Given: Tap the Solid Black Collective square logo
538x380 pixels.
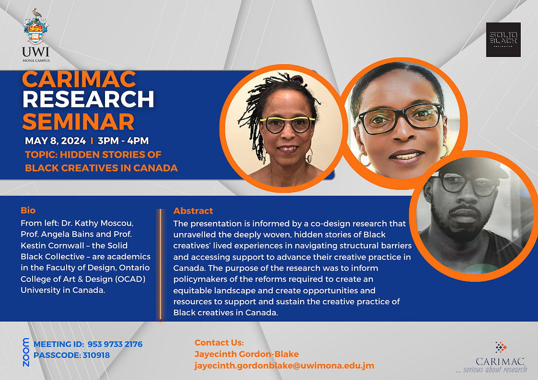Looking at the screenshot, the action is (x=503, y=40).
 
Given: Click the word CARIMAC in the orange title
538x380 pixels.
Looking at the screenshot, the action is (x=79, y=80).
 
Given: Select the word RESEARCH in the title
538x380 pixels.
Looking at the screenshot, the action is (x=88, y=100).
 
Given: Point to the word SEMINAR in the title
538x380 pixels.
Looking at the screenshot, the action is (x=78, y=122).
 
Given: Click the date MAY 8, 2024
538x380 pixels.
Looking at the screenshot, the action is (x=55, y=140).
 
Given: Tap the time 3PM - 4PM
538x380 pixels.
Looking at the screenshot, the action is (x=123, y=140).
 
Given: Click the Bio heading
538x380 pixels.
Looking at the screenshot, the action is (x=28, y=210).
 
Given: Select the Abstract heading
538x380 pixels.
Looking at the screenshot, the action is (x=193, y=210).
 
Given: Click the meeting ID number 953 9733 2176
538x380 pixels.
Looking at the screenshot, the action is (x=115, y=344).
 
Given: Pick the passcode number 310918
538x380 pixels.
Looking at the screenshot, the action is (x=96, y=355).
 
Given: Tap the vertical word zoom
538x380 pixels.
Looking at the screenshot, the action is (x=26, y=352).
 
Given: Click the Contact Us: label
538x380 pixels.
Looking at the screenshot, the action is (x=219, y=343).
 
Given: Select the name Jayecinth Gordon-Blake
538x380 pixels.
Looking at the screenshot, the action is (x=246, y=354).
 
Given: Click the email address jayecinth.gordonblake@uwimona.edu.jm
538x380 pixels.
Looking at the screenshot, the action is (x=284, y=366).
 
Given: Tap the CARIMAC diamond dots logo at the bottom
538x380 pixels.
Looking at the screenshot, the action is (x=501, y=347).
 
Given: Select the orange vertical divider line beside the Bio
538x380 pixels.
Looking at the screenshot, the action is (x=160, y=264).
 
